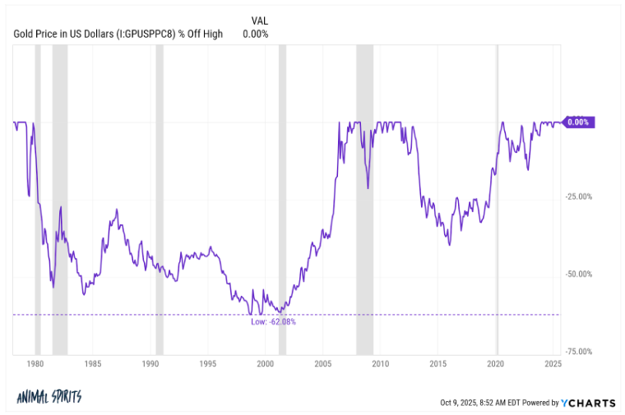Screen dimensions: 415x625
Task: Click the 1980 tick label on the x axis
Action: [x=35, y=362]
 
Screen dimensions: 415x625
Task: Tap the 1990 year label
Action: [x=150, y=362]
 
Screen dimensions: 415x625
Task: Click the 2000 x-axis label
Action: [x=265, y=362]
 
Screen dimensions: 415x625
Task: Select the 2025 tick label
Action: [x=553, y=362]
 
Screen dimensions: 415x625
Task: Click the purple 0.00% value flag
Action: [x=579, y=122]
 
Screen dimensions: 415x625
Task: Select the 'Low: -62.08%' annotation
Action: [x=274, y=321]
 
